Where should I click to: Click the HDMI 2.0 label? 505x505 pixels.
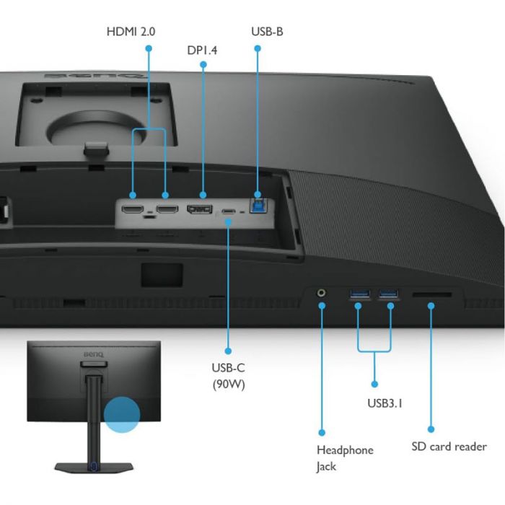(131, 32)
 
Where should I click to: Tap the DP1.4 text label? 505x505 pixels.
(202, 50)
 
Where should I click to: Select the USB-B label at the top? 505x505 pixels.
(267, 32)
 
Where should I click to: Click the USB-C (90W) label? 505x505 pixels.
(229, 376)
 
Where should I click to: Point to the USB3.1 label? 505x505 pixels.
(385, 403)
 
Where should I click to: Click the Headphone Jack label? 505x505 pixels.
(345, 458)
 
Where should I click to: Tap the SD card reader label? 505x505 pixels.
(449, 447)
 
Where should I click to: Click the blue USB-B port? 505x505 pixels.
(258, 206)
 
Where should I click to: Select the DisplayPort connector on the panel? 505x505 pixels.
(200, 209)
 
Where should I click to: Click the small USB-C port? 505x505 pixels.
(229, 211)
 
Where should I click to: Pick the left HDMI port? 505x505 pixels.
(133, 209)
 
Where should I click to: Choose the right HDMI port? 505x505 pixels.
(167, 209)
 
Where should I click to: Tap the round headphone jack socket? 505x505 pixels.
(321, 293)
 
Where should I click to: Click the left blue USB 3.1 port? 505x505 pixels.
(360, 294)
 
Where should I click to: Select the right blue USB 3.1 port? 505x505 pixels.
(388, 294)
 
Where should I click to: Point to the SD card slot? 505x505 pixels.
(432, 294)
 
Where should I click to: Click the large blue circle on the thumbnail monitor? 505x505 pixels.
(122, 415)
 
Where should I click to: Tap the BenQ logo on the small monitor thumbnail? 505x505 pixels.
(94, 355)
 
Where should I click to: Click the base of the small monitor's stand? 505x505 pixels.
(94, 467)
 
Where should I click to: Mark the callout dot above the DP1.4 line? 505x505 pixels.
(203, 65)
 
